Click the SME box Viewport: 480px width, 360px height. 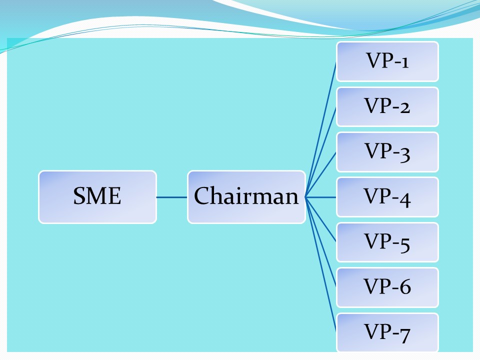pyautogui.click(x=97, y=196)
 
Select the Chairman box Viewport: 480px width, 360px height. pyautogui.click(x=246, y=196)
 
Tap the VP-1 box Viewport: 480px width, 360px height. pyautogui.click(x=387, y=61)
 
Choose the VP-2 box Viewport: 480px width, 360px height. pyautogui.click(x=387, y=106)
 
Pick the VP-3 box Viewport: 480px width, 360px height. pyautogui.click(x=387, y=151)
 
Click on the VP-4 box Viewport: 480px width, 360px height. pyautogui.click(x=387, y=196)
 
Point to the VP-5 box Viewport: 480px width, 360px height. pyautogui.click(x=387, y=242)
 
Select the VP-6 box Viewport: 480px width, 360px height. pyautogui.click(x=387, y=287)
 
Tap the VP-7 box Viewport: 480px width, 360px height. pyautogui.click(x=387, y=332)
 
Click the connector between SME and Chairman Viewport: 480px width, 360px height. pyautogui.click(x=171, y=197)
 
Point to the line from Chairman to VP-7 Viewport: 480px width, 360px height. pyautogui.click(x=321, y=265)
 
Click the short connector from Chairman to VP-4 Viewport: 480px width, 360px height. pyautogui.click(x=321, y=197)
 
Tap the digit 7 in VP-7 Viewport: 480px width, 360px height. pyautogui.click(x=405, y=333)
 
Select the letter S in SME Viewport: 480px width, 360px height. pyautogui.click(x=78, y=196)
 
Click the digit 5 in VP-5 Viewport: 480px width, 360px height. pyautogui.click(x=405, y=243)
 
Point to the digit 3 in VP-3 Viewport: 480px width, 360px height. pyautogui.click(x=405, y=152)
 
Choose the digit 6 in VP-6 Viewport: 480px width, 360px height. pyautogui.click(x=405, y=287)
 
